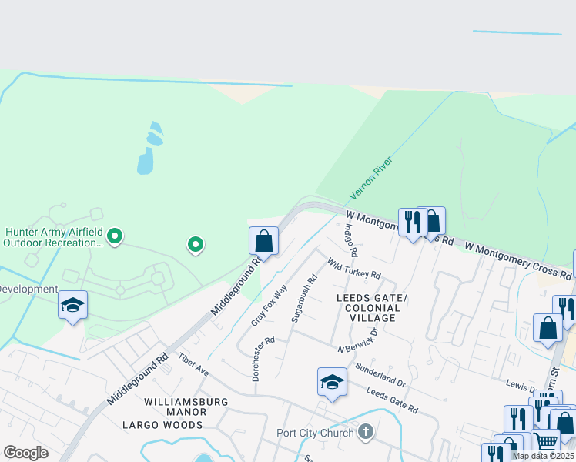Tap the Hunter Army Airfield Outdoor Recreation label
point(52,236)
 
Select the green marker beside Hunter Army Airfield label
point(115,236)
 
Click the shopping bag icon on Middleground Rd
point(263,241)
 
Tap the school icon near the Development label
point(72,305)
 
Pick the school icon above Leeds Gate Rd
point(332,382)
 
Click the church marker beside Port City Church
point(366,432)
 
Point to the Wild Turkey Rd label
point(353,269)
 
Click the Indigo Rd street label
point(351,239)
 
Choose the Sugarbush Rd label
point(305,299)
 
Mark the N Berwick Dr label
point(358,341)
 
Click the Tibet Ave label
point(193,365)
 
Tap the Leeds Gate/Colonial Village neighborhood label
point(368,307)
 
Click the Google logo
point(26,453)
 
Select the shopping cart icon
point(545,442)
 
